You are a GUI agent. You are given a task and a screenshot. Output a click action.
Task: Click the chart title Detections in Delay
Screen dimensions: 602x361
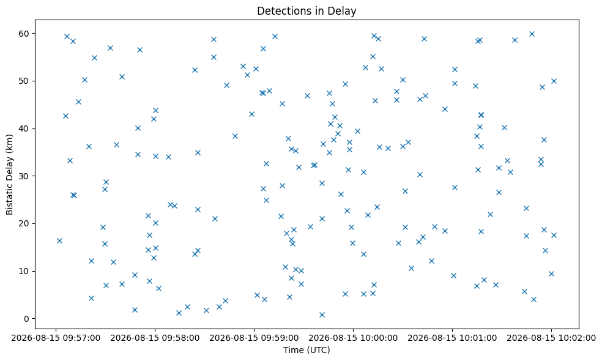(307, 11)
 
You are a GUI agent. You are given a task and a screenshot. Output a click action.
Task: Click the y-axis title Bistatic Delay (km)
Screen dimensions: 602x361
(10, 174)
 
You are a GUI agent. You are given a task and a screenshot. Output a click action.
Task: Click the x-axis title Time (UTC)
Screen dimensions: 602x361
(307, 350)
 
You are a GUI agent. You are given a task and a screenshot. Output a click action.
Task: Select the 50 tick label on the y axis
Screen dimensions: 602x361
(24, 81)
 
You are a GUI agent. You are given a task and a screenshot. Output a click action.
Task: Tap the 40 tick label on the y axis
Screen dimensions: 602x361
(24, 128)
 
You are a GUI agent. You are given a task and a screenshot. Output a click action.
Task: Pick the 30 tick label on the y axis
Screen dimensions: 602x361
(24, 176)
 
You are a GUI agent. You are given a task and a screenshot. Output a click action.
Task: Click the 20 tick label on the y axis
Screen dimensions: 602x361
(24, 223)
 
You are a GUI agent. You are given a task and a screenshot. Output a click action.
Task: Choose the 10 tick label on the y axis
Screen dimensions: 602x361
(24, 271)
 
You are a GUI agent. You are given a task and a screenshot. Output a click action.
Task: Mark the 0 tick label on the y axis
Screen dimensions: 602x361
(26, 319)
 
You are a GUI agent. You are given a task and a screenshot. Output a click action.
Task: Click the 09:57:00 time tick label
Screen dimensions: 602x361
(56, 338)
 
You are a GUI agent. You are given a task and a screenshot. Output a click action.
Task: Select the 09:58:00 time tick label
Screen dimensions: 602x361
(155, 338)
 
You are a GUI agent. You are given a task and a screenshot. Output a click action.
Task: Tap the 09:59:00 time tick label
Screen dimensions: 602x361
(254, 338)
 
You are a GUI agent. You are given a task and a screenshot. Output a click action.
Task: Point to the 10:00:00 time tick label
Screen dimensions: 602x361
(353, 338)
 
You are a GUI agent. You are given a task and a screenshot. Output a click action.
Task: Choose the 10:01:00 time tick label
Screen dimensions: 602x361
(452, 338)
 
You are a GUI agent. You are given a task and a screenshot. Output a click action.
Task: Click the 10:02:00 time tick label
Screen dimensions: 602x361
(551, 338)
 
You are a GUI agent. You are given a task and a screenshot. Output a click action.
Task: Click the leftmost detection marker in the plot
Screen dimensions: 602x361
(59, 241)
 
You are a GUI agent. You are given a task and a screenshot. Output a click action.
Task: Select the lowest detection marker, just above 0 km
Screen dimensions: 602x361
(322, 315)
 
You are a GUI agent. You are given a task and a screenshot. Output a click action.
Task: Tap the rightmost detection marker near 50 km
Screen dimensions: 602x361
(554, 81)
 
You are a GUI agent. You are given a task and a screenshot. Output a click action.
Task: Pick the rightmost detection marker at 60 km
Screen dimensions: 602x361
(532, 34)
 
